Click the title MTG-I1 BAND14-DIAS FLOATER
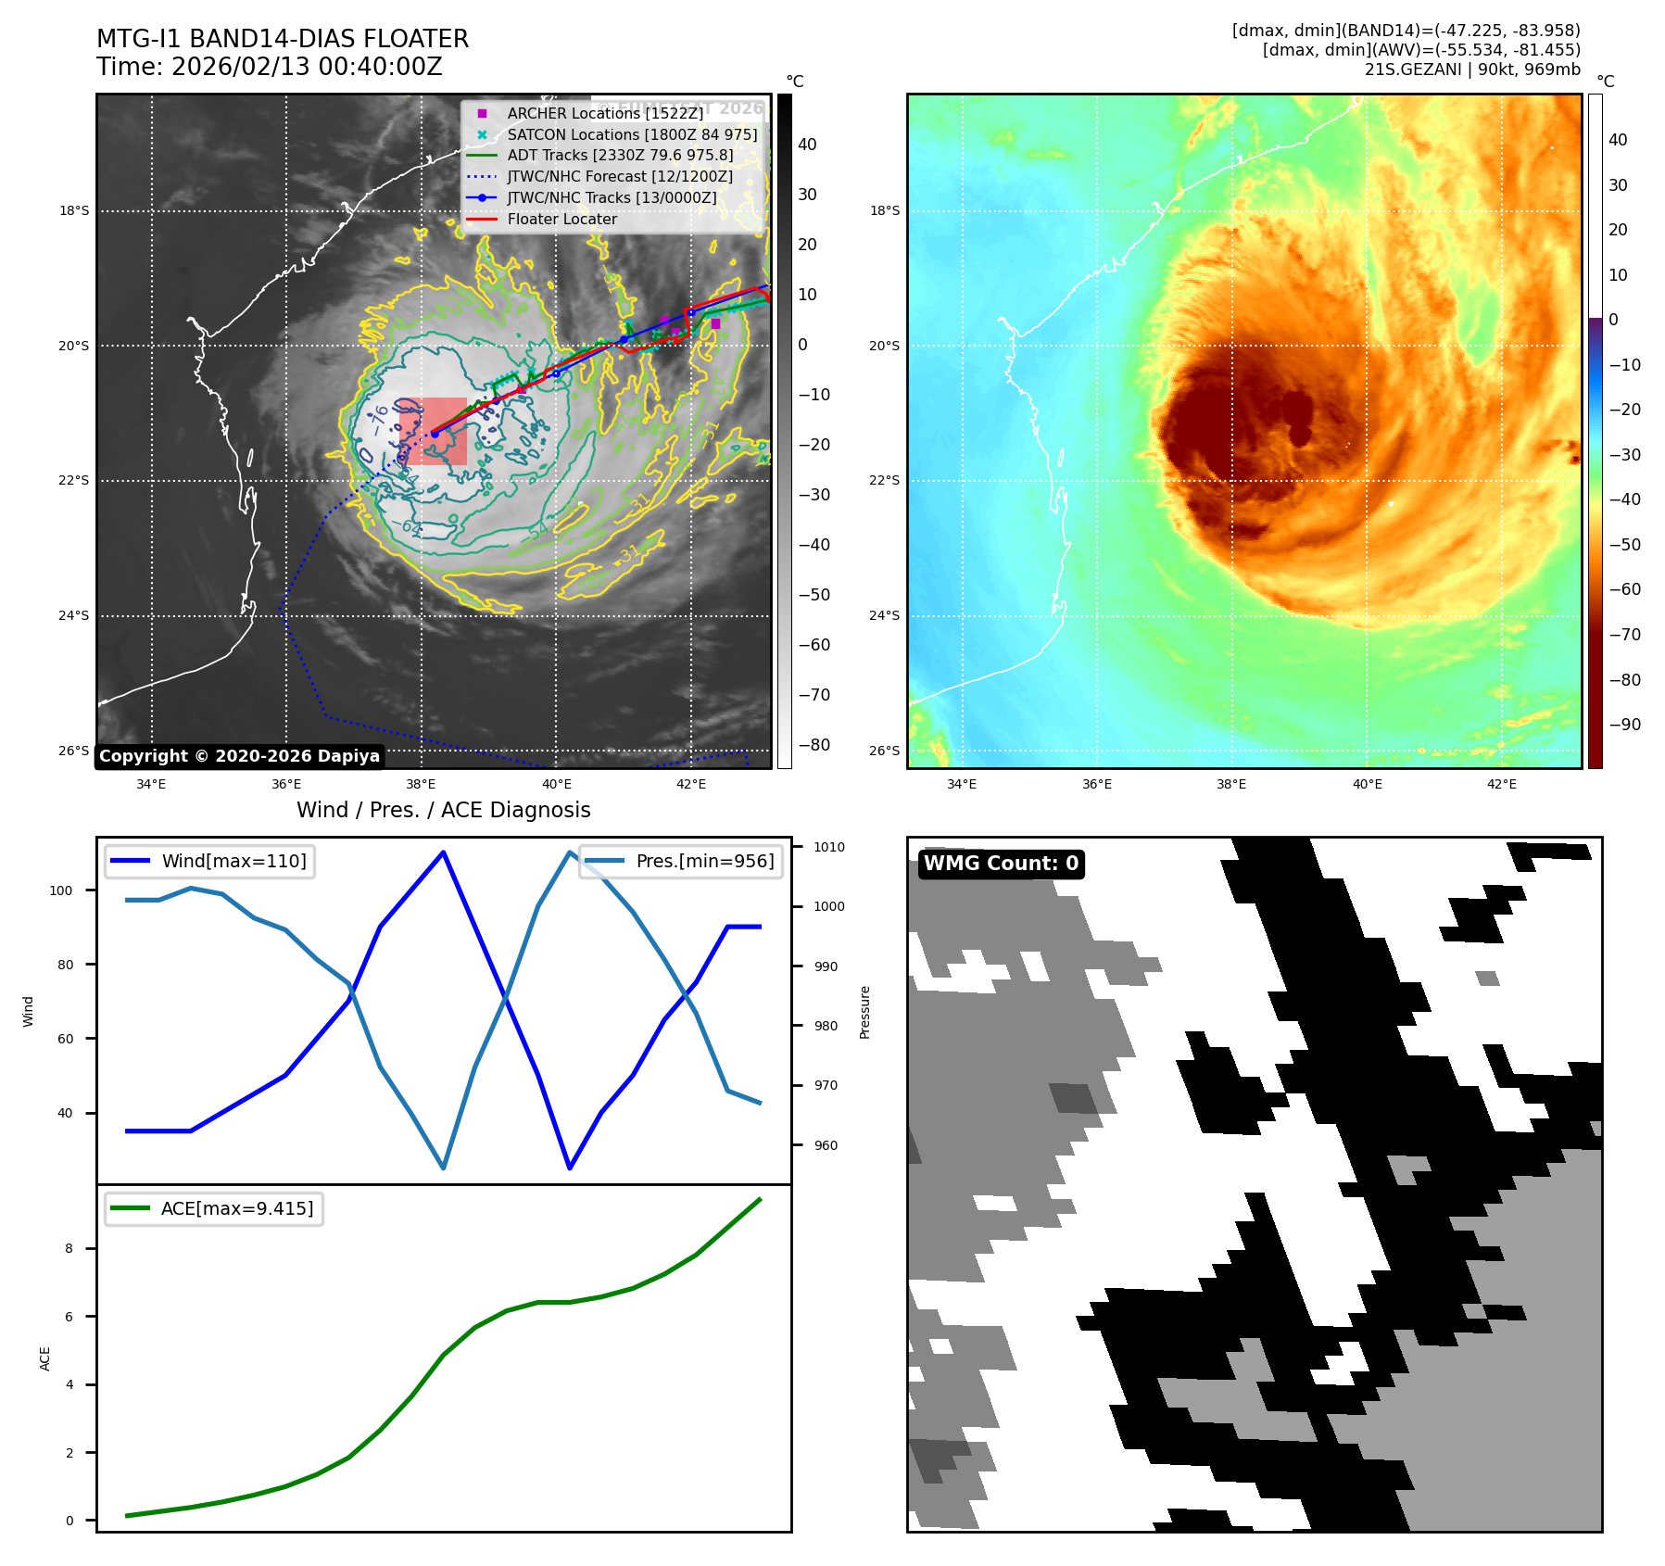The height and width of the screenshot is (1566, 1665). (283, 39)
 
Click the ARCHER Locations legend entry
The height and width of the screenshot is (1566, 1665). (605, 113)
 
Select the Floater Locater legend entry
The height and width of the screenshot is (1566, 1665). (561, 219)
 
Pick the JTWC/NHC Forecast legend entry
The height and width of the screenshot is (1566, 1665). (619, 176)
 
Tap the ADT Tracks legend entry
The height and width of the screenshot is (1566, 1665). (619, 155)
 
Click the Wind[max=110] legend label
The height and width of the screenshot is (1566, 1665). (233, 861)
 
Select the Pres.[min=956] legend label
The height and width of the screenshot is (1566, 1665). (704, 861)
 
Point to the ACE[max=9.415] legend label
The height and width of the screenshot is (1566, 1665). (237, 1208)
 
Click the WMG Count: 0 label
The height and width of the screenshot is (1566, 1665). (1001, 864)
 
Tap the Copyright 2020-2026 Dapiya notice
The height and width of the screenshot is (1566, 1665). (239, 756)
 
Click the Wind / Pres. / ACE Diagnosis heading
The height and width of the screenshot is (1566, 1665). (443, 810)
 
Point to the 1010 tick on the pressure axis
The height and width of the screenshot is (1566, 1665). (829, 847)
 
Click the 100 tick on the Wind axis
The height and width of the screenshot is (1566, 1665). (61, 890)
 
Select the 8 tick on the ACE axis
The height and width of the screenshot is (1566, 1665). (69, 1248)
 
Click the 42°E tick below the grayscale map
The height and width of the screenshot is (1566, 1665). (690, 784)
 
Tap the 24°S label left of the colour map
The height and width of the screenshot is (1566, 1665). (884, 615)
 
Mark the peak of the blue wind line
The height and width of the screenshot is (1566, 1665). (444, 852)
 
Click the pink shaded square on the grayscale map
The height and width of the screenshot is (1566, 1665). (434, 431)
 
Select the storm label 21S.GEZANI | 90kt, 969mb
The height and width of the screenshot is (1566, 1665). (1471, 69)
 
